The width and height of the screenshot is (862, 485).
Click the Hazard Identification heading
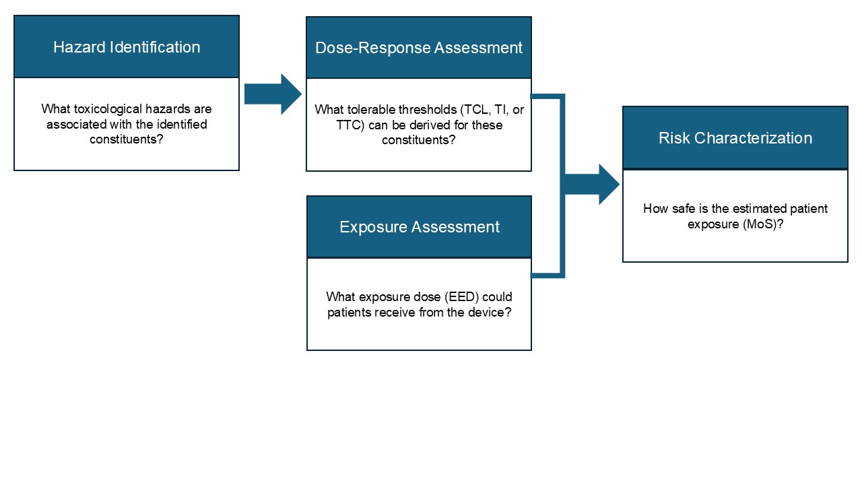(x=127, y=47)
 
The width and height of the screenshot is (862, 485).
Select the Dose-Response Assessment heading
(x=418, y=48)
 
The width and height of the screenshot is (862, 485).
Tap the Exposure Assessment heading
(x=419, y=227)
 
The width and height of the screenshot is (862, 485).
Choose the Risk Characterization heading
(x=735, y=138)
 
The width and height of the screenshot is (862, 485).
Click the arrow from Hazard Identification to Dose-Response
(x=273, y=94)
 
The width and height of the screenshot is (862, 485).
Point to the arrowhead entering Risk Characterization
(x=606, y=184)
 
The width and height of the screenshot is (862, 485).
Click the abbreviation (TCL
(x=475, y=109)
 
